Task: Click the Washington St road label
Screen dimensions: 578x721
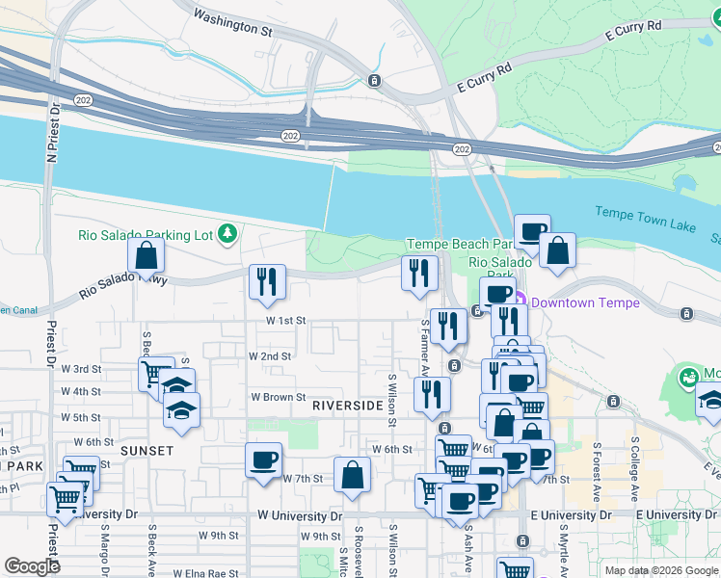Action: (232, 23)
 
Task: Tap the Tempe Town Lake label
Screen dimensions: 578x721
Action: (645, 219)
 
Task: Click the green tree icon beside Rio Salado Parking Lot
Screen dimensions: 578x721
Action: (227, 232)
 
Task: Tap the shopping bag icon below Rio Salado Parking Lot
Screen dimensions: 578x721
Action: (146, 255)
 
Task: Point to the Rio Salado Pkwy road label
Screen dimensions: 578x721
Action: (124, 285)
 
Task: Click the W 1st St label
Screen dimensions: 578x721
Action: (286, 320)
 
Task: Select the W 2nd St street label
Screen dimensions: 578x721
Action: (270, 355)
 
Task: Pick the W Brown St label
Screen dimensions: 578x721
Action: (278, 397)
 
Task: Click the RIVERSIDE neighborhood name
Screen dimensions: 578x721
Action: (348, 407)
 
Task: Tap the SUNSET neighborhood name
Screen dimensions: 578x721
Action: (147, 450)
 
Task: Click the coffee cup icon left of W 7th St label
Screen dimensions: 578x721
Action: (263, 460)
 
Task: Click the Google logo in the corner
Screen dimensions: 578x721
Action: (32, 566)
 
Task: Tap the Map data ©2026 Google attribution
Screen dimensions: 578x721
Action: (660, 570)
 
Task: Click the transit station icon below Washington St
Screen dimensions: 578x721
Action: (374, 80)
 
